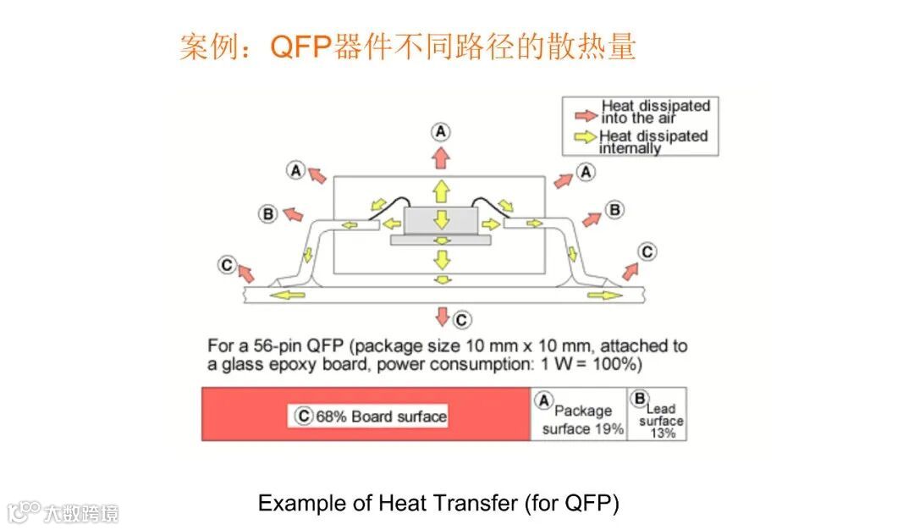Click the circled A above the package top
[440, 131]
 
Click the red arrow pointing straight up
[440, 157]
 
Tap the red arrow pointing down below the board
[441, 317]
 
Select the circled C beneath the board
[461, 320]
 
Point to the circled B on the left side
[268, 213]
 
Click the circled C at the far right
[647, 251]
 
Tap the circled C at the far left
[227, 265]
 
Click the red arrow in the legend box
[585, 113]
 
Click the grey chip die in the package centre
[440, 220]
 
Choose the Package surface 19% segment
[579, 414]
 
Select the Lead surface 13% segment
[657, 414]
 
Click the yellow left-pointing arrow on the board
[289, 295]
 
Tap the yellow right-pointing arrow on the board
[603, 295]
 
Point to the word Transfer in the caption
[475, 503]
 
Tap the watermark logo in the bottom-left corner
[25, 512]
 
